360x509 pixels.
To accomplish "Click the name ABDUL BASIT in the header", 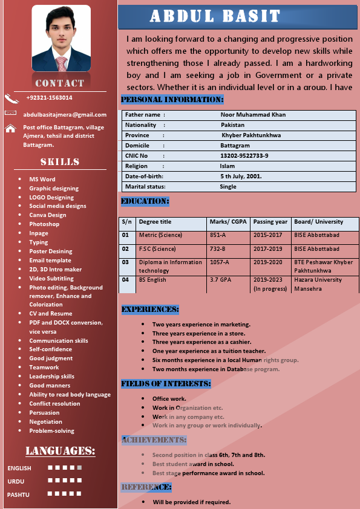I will [x=215, y=16].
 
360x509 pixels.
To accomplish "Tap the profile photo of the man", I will [x=61, y=39].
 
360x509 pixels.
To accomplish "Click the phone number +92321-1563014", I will [x=49, y=97].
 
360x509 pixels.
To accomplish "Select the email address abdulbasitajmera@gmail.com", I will [x=65, y=114].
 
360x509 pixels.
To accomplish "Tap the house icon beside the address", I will [x=10, y=128].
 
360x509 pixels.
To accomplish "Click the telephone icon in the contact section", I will [x=11, y=98].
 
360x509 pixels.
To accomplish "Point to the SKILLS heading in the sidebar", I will [x=60, y=162].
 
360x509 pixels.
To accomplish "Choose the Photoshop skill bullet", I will [x=44, y=224].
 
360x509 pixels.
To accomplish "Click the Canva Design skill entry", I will [x=48, y=215].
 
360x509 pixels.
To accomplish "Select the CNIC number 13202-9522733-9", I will [x=244, y=155].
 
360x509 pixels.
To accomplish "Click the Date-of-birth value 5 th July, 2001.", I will [x=241, y=176].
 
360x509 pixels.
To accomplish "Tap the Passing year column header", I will [x=270, y=222].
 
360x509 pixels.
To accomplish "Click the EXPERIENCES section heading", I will [x=150, y=310].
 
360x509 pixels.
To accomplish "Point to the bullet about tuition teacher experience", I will [x=209, y=351].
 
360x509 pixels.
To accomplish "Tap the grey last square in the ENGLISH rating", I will [x=79, y=467].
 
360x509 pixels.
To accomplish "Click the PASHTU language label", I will [x=18, y=494].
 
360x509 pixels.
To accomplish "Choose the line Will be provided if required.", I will [x=191, y=502].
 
